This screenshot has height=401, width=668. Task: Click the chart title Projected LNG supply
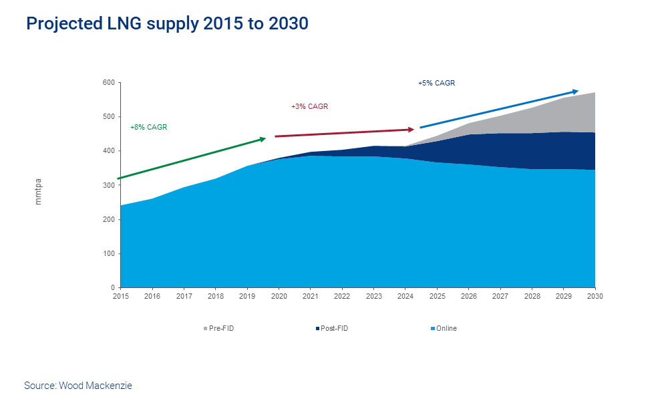167,24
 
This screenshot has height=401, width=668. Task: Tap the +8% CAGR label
148,127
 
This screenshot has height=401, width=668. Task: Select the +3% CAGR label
309,107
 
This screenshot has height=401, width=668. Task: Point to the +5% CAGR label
436,84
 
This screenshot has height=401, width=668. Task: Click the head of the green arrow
263,138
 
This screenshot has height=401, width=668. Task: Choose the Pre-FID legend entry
218,329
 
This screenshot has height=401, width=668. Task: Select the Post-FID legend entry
332,329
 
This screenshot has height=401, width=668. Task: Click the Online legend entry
444,329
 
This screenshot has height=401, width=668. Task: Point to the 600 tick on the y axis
108,83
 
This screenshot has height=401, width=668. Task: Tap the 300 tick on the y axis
108,185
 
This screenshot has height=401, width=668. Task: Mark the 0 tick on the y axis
112,287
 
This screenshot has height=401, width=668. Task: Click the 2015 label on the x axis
121,295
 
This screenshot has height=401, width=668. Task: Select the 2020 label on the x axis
279,295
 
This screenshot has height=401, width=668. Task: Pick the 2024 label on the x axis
405,295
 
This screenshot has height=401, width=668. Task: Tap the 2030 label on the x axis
595,295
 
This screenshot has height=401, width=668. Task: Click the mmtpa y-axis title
38,191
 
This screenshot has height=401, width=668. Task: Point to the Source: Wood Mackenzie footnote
78,386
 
